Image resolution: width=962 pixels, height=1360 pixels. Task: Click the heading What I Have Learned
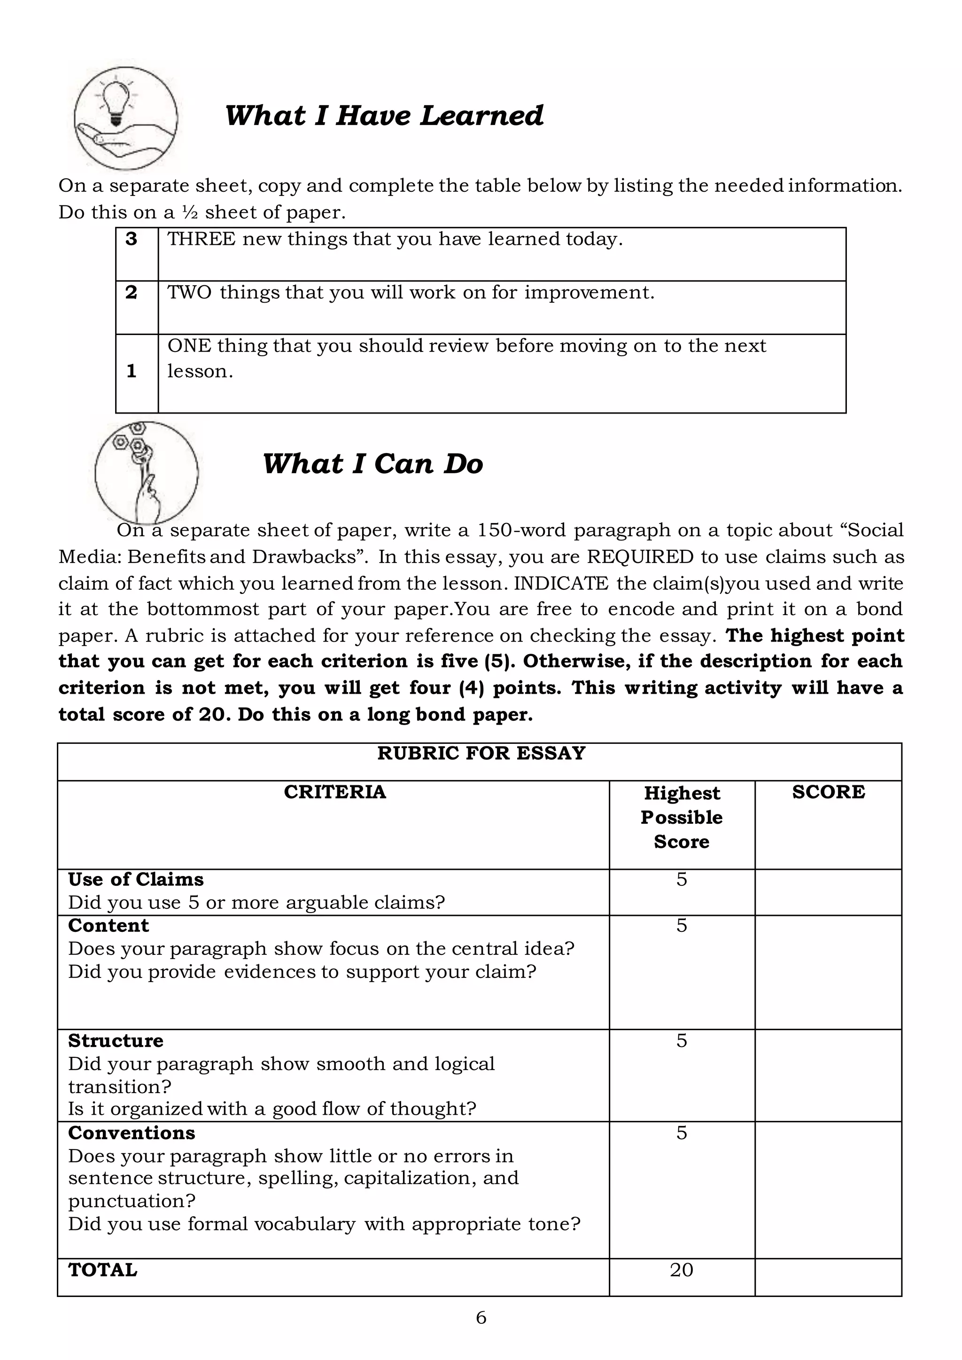384,116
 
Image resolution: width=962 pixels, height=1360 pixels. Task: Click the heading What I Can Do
372,464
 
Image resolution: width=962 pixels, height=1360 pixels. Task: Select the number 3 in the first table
132,239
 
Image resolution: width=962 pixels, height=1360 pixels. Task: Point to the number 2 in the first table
132,292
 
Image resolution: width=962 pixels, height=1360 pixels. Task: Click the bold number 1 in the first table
132,371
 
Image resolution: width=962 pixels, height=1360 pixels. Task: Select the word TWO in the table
189,292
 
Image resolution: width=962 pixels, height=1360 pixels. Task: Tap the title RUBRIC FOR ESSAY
481,753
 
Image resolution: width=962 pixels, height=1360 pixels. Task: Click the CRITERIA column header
335,792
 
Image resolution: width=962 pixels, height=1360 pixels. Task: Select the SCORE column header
828,792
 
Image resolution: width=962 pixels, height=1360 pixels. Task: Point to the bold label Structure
116,1040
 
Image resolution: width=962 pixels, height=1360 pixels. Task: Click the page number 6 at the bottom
481,1318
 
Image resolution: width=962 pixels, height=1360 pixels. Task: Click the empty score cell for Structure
828,1076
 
